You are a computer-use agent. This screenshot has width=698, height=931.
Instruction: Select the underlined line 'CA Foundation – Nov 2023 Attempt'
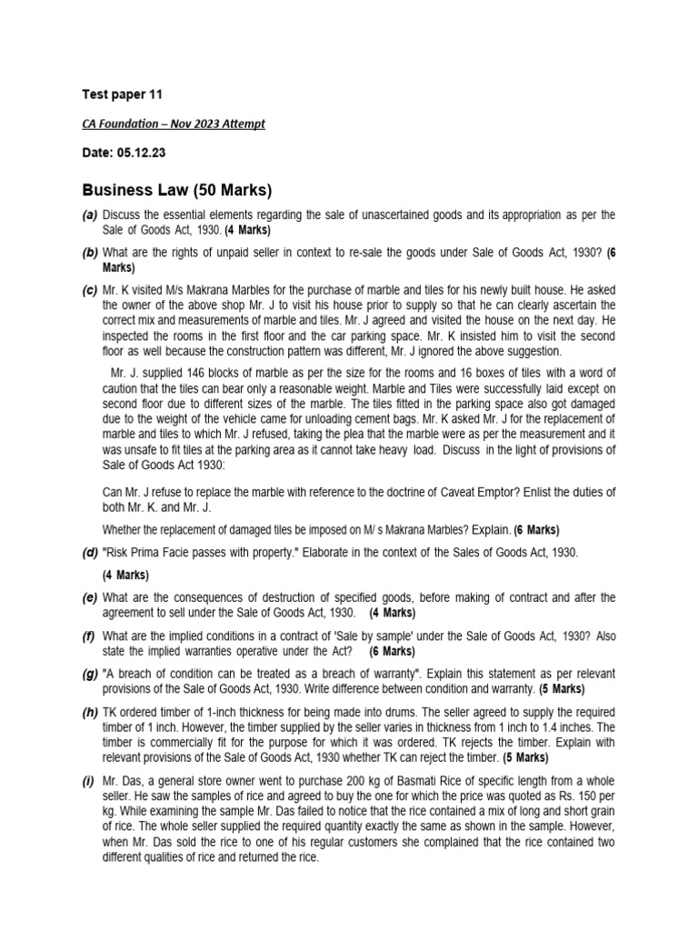click(174, 124)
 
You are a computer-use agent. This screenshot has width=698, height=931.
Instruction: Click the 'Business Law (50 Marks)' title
click(177, 190)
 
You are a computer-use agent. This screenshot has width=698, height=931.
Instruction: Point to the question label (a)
click(89, 215)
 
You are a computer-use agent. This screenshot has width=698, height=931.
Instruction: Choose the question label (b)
click(89, 251)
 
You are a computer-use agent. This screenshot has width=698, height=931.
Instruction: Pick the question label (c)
click(89, 288)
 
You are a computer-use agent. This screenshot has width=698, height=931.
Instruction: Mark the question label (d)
click(89, 552)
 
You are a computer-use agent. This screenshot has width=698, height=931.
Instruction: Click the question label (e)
click(89, 596)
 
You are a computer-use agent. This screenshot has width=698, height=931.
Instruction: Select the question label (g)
click(89, 673)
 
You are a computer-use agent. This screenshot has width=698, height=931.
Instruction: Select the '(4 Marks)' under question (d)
click(125, 575)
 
